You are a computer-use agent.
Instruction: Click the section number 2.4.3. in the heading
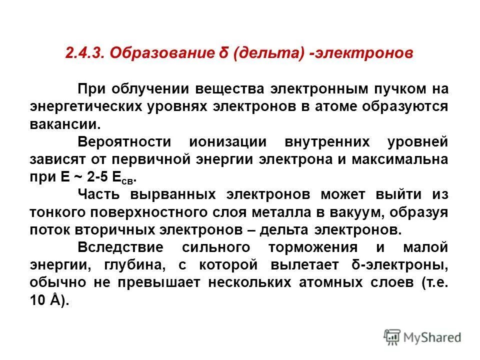tap(85, 53)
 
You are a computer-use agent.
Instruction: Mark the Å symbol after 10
tap(55, 300)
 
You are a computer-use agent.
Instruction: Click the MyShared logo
tap(422, 336)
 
